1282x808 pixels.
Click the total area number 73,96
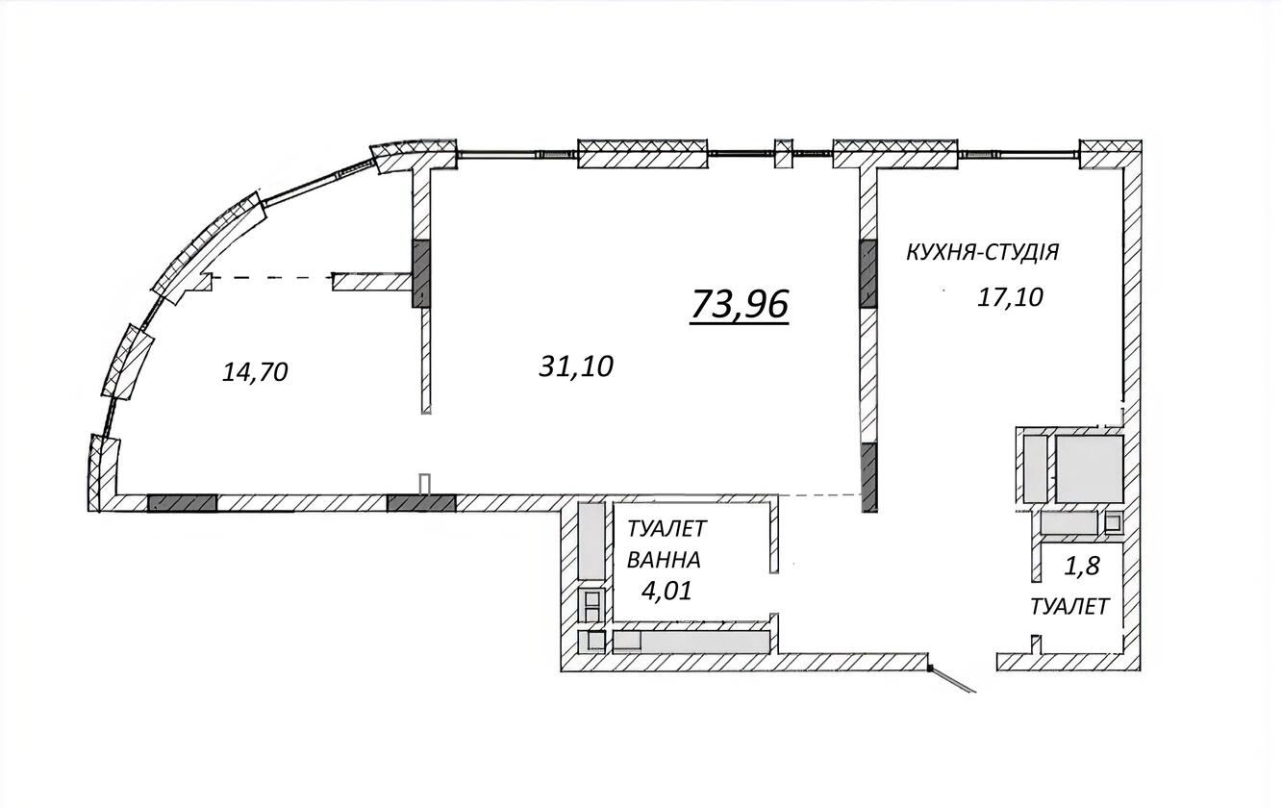pyautogui.click(x=740, y=304)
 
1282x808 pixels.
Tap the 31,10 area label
pyautogui.click(x=576, y=366)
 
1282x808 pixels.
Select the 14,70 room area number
pyautogui.click(x=255, y=372)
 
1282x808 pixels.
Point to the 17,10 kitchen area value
pyautogui.click(x=1010, y=297)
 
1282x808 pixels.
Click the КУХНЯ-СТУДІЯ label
pyautogui.click(x=983, y=252)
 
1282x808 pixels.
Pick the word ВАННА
pyautogui.click(x=664, y=560)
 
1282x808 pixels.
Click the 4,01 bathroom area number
pyautogui.click(x=666, y=591)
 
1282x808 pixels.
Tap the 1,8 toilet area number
pyautogui.click(x=1082, y=567)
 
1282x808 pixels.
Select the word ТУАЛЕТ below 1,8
pyautogui.click(x=1070, y=607)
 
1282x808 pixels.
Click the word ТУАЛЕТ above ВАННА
pyautogui.click(x=667, y=529)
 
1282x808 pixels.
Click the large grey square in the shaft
pyautogui.click(x=1089, y=468)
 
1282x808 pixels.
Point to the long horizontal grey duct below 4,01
pyautogui.click(x=691, y=642)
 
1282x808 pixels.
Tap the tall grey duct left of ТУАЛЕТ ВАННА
pyautogui.click(x=591, y=541)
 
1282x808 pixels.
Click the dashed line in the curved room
pyautogui.click(x=272, y=278)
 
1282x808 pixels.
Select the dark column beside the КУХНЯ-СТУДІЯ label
pyautogui.click(x=868, y=274)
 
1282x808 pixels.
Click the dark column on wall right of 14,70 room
pyautogui.click(x=421, y=274)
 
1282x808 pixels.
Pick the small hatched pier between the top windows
pyautogui.click(x=784, y=153)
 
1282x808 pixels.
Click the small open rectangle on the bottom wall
pyautogui.click(x=425, y=484)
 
